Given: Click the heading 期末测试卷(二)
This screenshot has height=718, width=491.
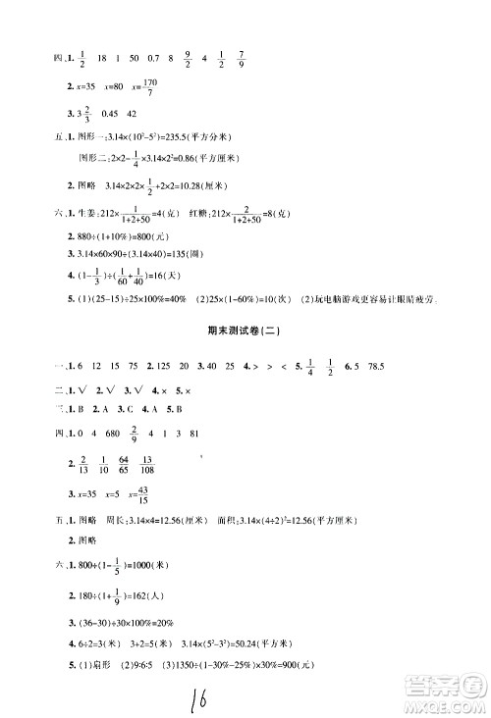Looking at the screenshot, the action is (x=245, y=330).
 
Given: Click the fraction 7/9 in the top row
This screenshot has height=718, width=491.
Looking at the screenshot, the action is (x=242, y=55).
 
